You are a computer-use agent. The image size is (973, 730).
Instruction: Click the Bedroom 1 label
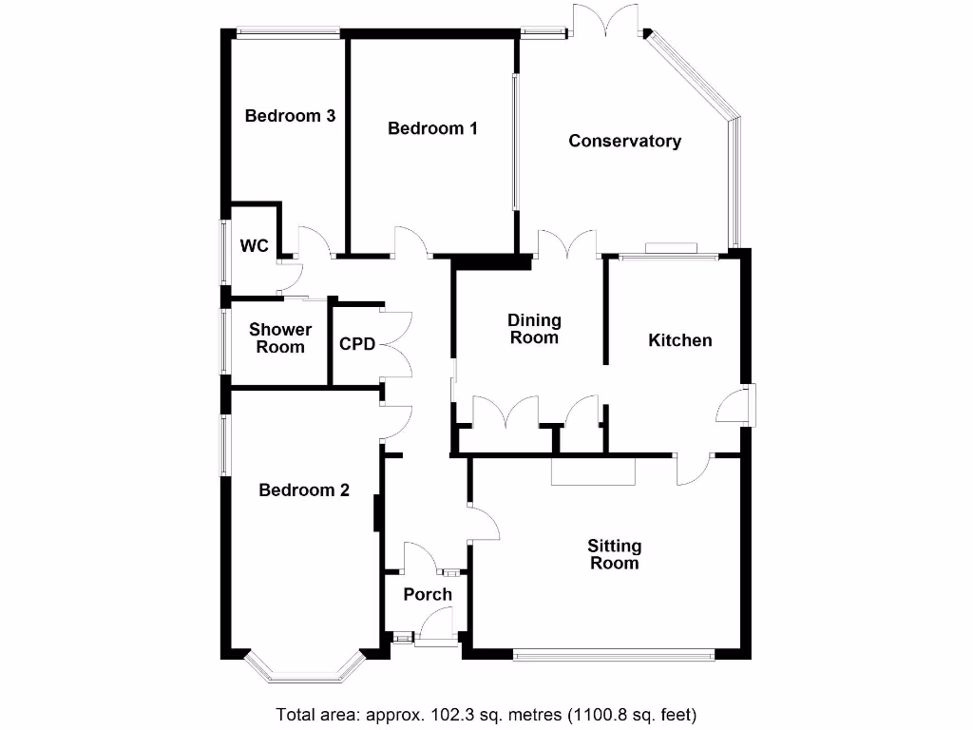coord(432,128)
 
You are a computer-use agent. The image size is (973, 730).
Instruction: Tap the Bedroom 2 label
coord(304,490)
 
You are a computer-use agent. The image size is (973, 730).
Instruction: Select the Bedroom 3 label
coord(290,116)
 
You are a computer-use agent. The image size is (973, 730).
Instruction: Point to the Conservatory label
coord(624,141)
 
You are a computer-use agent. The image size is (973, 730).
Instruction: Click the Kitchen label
coord(679,340)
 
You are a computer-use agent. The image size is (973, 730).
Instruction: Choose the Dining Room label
coord(534,329)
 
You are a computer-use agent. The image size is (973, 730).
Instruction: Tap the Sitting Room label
coord(614,554)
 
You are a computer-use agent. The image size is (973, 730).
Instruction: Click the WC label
coord(254,246)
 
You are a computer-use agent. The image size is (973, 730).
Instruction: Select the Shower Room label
coord(280,338)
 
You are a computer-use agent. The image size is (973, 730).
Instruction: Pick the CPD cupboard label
coord(357,343)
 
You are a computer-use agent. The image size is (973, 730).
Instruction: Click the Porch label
coord(428,595)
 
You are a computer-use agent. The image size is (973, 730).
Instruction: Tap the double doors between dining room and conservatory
coord(566,244)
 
